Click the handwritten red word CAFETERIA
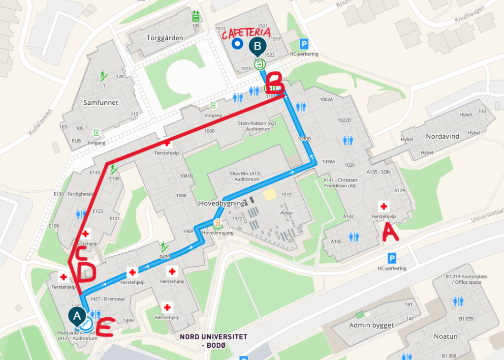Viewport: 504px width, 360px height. tap(245, 33)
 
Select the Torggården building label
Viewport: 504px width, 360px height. tap(165, 38)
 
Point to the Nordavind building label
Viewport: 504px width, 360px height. tap(442, 136)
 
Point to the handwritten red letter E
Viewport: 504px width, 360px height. tap(105, 328)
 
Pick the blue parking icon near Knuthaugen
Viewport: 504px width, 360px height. tap(305, 44)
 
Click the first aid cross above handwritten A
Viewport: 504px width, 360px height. tap(383, 206)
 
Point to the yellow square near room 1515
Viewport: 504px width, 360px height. tap(270, 195)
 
